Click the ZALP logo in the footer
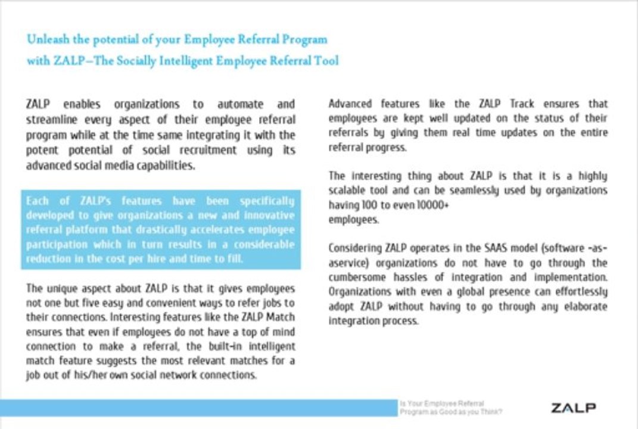pos(573,408)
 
